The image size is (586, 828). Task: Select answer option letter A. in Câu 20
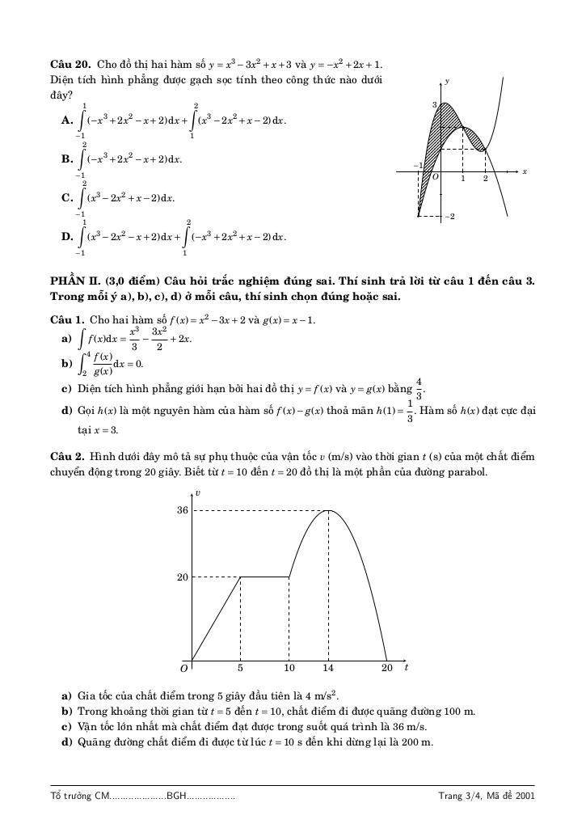[67, 120]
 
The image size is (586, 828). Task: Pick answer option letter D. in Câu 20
[67, 237]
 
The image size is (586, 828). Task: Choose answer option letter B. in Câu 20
[67, 159]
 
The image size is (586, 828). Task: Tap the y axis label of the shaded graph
[447, 82]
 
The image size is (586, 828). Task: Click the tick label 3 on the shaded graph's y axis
[433, 105]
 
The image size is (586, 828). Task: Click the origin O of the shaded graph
[436, 176]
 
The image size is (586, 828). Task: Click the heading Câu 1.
[67, 320]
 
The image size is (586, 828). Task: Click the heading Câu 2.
[67, 457]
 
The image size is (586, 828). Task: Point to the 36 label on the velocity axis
[182, 511]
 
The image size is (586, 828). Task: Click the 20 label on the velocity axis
[182, 577]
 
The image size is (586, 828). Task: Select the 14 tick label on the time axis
[328, 669]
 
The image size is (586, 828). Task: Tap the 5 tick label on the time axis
[240, 669]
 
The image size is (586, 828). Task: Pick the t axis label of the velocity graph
[406, 667]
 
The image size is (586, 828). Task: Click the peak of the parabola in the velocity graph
[328, 510]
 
